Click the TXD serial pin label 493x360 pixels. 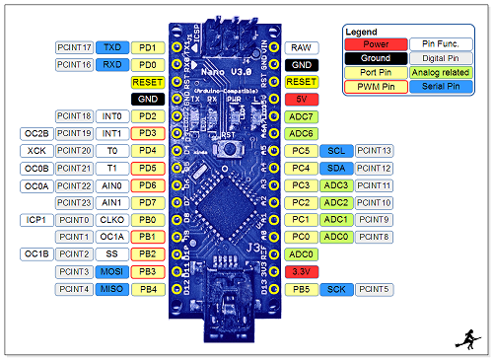(112, 47)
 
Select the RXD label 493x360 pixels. (112, 65)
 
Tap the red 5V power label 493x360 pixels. (302, 100)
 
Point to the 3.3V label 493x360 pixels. (302, 271)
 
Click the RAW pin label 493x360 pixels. (301, 47)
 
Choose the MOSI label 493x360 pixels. (112, 271)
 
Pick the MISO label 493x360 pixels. (112, 289)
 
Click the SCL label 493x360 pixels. (336, 151)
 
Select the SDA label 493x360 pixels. (336, 168)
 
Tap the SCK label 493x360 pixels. (336, 289)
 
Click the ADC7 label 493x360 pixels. (302, 116)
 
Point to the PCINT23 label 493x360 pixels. (75, 202)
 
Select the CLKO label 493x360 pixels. (112, 219)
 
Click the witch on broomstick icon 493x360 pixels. (471, 341)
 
